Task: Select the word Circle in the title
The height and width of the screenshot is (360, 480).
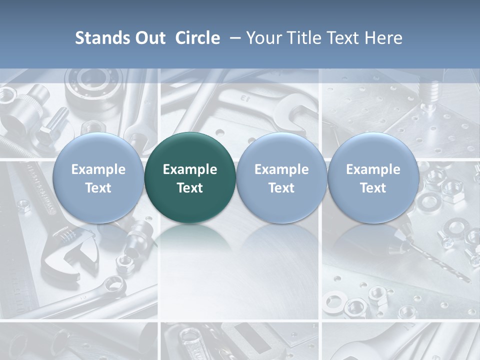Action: [x=197, y=38]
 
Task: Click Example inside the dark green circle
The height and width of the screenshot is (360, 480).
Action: [x=190, y=169]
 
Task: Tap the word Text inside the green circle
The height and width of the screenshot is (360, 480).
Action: [x=190, y=188]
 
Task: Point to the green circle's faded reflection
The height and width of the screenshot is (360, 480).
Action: [x=190, y=237]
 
